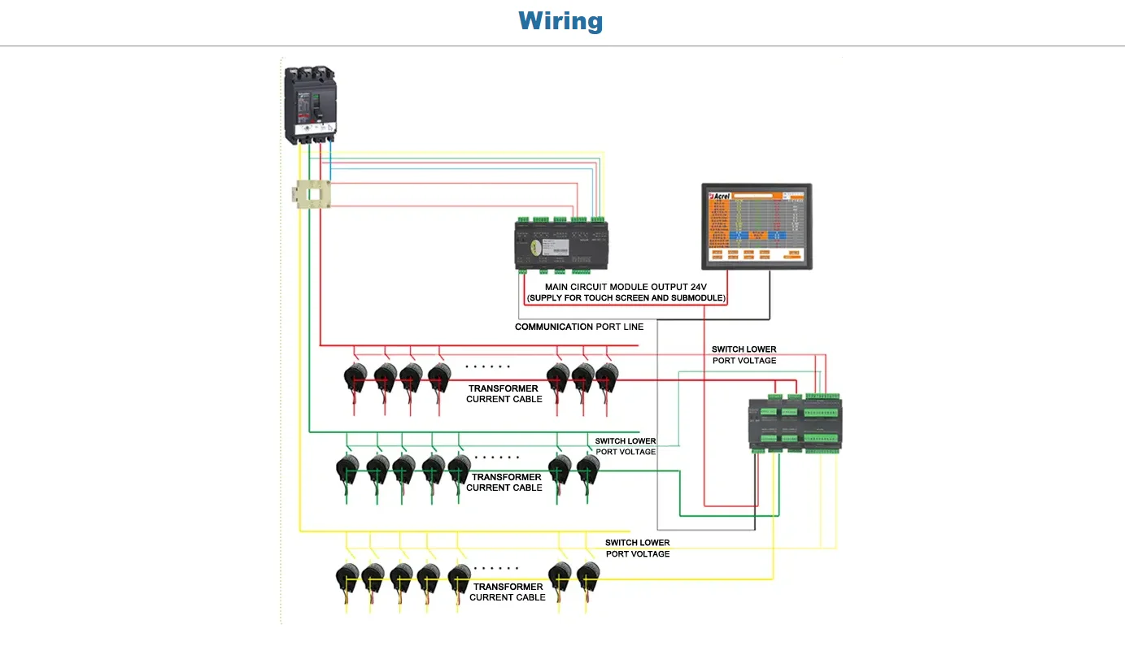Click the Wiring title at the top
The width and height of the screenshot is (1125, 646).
[x=560, y=20]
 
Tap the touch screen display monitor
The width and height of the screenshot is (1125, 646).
[x=757, y=227]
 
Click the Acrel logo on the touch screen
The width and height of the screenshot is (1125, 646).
[x=721, y=196]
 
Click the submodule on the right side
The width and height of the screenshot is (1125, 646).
[x=795, y=423]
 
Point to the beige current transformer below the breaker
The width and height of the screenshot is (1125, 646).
[x=312, y=195]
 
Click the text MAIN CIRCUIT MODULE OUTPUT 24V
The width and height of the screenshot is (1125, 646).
[x=626, y=287]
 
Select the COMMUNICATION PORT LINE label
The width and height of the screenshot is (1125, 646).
[x=579, y=327]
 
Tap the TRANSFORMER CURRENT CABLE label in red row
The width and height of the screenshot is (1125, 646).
[x=504, y=393]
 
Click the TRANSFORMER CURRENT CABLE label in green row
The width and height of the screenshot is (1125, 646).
[x=504, y=482]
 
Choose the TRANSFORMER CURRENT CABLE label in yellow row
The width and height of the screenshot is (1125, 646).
[x=508, y=592]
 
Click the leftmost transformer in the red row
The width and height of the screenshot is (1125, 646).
[x=355, y=378]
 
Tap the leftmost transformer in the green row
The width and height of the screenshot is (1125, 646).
[x=347, y=469]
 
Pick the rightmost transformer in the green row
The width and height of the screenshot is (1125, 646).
[x=587, y=469]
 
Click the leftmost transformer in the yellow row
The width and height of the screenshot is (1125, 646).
[x=347, y=578]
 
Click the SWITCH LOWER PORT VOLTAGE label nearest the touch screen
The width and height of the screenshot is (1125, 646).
[x=743, y=354]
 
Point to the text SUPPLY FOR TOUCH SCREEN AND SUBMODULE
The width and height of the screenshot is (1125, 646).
[x=626, y=298]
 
